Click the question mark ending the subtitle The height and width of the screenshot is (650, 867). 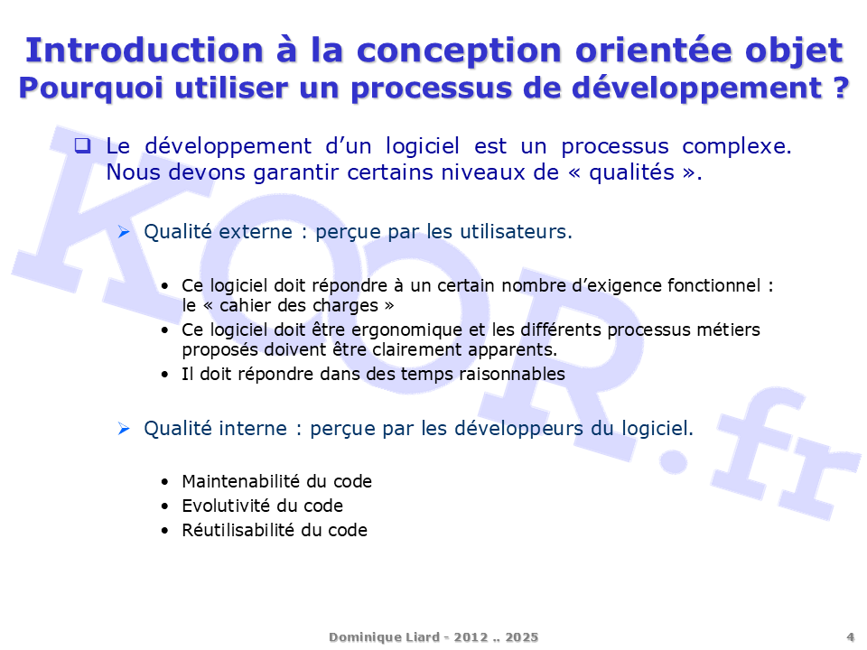[840, 88]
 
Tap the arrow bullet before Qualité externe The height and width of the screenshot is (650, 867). [125, 232]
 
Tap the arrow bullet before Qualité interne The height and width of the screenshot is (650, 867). [125, 429]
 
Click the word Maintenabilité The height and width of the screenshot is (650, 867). [231, 482]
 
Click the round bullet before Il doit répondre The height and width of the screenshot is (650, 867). [163, 374]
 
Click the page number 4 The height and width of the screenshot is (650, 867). [850, 636]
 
